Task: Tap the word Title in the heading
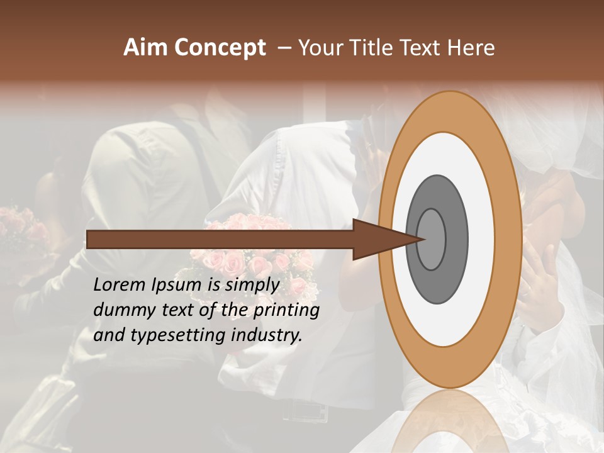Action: [374, 48]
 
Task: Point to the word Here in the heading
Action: [471, 48]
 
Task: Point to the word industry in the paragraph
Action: [267, 335]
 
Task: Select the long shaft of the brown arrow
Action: [220, 239]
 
